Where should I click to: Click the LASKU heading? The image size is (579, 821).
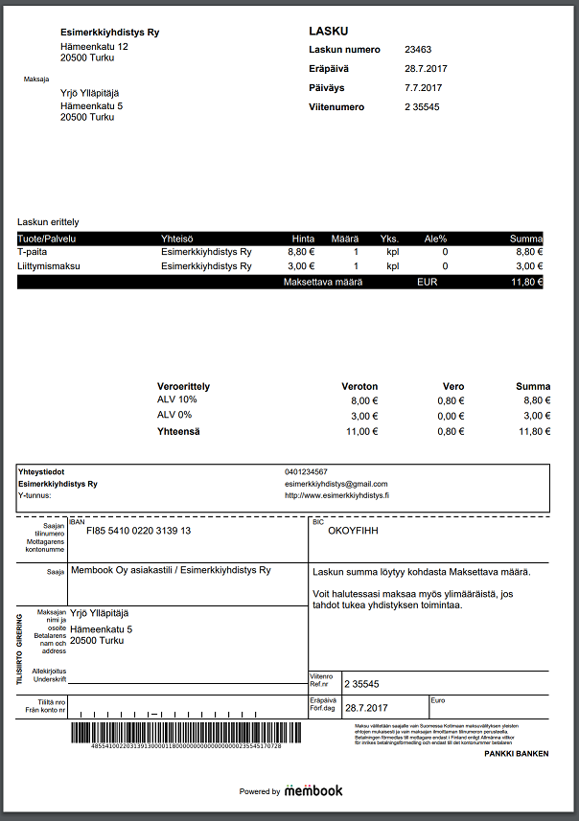(x=329, y=31)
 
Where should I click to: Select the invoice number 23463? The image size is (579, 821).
(x=419, y=50)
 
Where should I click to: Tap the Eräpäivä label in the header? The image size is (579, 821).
(x=329, y=69)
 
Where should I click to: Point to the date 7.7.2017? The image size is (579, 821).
(x=425, y=88)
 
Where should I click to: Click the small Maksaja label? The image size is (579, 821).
(x=36, y=80)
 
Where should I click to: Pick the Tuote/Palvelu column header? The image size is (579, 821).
(x=47, y=238)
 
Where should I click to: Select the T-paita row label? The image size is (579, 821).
(x=34, y=251)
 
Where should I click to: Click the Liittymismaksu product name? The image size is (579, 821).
(x=48, y=266)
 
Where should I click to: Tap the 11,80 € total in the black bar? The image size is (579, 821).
(x=526, y=283)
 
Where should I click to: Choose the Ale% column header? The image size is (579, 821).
(x=436, y=238)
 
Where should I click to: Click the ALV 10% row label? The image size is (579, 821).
(x=177, y=399)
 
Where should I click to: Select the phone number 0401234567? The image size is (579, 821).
(x=306, y=471)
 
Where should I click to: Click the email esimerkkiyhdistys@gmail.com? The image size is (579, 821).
(x=336, y=484)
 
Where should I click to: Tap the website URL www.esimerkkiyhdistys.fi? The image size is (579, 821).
(x=337, y=495)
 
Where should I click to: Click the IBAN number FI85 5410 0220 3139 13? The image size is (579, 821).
(x=139, y=531)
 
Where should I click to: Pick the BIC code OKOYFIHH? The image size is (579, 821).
(x=355, y=529)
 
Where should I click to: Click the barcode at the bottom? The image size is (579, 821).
(x=176, y=735)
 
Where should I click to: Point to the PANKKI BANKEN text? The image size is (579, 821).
(x=517, y=754)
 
